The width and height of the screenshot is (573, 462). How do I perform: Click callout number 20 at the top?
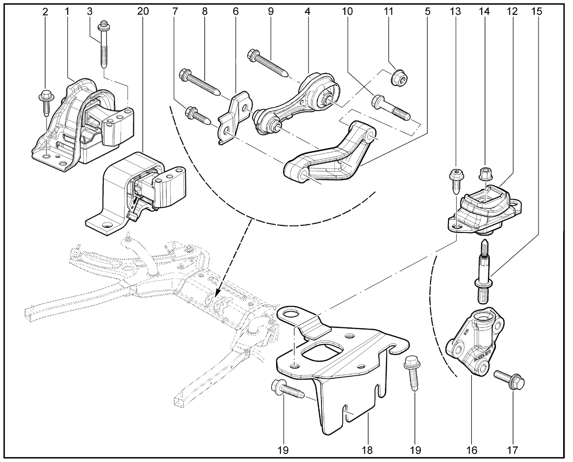[143, 12]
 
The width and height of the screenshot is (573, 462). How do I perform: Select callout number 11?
[388, 12]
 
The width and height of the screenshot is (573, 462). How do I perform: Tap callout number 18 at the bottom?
[367, 449]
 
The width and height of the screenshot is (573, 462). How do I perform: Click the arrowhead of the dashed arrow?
[218, 295]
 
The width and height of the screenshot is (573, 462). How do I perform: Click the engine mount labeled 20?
[134, 192]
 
